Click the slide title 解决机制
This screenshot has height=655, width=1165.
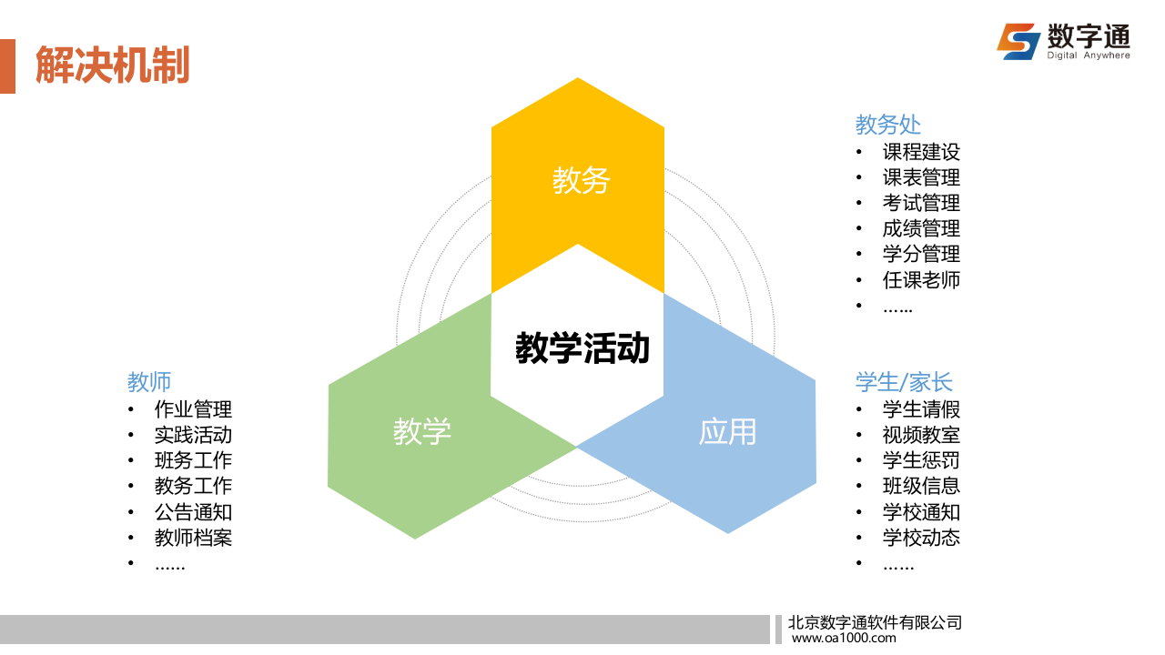coord(112,65)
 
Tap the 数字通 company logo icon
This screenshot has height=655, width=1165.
coord(1018,41)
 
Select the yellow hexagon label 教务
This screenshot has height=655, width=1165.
coord(580,180)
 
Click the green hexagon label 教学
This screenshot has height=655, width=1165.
coord(421,430)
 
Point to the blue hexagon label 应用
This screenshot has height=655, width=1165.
coord(727,430)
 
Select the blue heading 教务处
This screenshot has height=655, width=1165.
coord(887,124)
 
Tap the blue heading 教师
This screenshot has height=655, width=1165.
coord(149,381)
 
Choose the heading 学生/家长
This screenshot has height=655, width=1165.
coord(904,381)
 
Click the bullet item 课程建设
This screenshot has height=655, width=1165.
coord(921,152)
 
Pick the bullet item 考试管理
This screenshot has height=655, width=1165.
coord(921,203)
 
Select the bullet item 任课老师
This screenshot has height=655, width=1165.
coord(921,280)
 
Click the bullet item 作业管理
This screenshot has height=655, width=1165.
coord(193,409)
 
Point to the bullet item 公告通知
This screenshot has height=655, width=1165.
coord(193,512)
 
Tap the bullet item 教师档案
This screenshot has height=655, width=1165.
coord(193,538)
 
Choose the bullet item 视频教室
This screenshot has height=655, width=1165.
coord(921,435)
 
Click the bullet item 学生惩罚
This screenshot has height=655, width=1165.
coord(921,460)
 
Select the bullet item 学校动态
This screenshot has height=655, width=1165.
coord(921,538)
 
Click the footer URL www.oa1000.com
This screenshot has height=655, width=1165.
coord(844,639)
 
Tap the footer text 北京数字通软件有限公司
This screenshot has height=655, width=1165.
coord(874,623)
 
